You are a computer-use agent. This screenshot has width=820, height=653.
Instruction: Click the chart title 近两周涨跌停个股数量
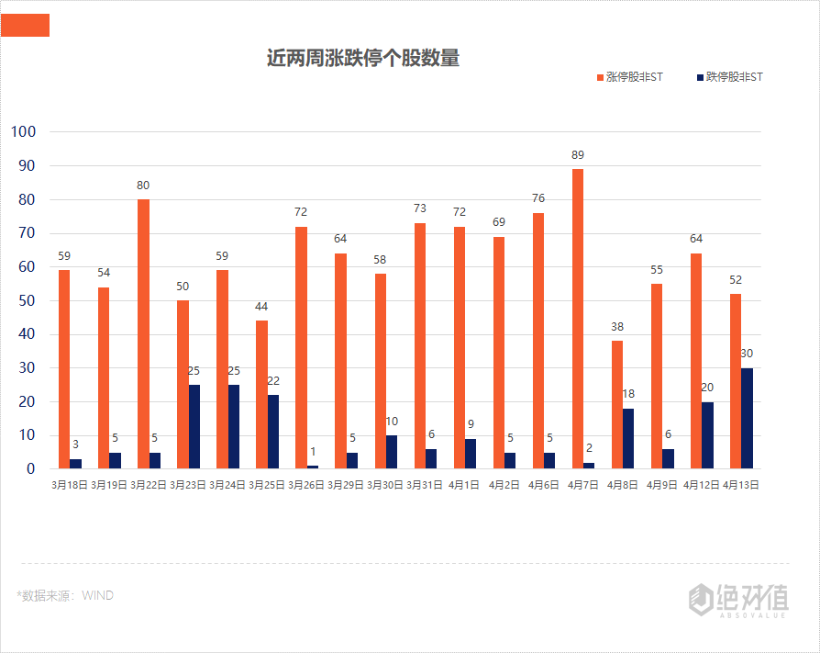(x=362, y=59)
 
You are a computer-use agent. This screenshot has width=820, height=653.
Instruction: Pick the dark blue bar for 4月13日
(x=747, y=418)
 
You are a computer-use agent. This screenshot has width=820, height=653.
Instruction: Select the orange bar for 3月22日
(x=143, y=333)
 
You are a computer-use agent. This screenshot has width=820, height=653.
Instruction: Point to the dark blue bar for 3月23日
(x=194, y=426)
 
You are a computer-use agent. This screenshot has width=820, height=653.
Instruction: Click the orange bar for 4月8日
(x=617, y=404)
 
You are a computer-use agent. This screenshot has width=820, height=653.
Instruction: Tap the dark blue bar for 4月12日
(x=707, y=434)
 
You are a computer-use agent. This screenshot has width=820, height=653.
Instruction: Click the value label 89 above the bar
(x=577, y=154)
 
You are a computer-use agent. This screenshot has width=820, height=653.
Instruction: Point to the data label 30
(x=747, y=354)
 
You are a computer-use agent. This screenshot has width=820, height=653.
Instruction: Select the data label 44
(x=261, y=306)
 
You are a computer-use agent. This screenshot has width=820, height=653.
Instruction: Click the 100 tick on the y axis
(x=23, y=131)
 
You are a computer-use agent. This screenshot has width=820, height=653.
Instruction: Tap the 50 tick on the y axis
(x=27, y=300)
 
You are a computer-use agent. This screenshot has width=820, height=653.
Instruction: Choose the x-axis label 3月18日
(x=70, y=484)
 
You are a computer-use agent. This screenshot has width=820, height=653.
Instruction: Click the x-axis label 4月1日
(x=465, y=484)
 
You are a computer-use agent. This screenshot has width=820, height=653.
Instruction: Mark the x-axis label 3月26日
(x=306, y=484)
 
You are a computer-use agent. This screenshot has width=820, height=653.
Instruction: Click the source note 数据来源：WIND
(x=65, y=595)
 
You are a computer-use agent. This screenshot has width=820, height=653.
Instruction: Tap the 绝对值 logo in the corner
(x=738, y=600)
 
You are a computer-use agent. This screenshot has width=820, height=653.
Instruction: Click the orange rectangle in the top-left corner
(x=25, y=26)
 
